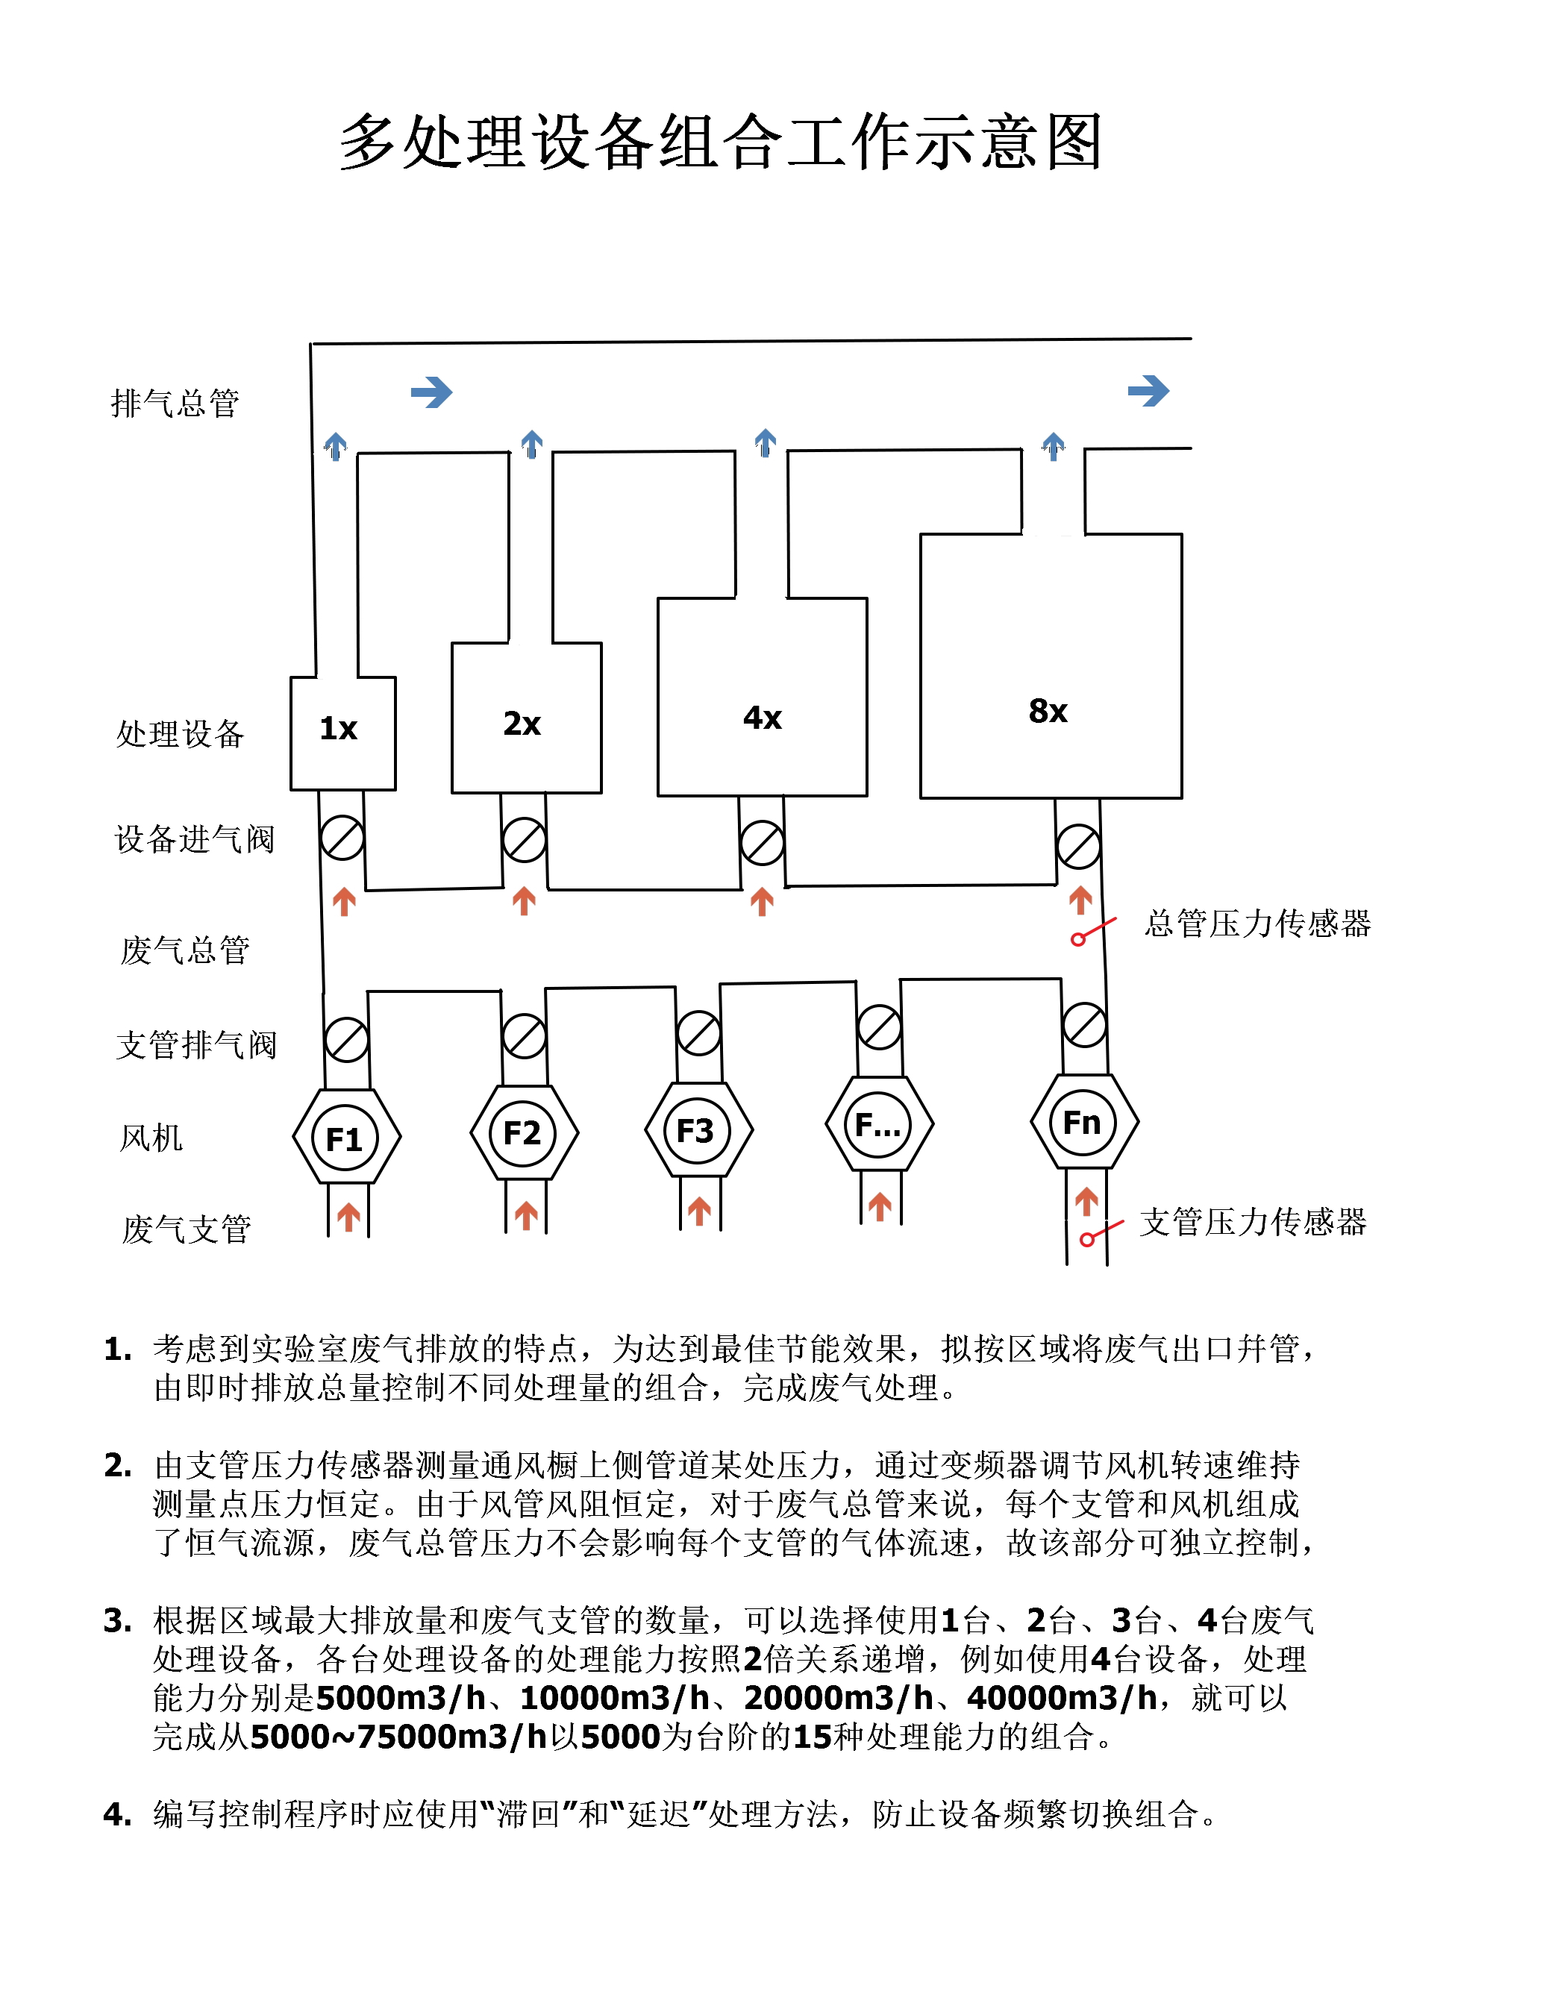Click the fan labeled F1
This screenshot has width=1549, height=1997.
345,1138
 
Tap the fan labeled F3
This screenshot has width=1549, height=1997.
697,1130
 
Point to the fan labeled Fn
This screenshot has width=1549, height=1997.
1083,1122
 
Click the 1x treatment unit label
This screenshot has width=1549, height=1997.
338,729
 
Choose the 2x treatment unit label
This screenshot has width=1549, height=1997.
522,724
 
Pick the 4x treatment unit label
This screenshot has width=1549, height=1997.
763,718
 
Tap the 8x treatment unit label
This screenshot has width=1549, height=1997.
1048,710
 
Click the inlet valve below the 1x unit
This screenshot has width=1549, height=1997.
342,838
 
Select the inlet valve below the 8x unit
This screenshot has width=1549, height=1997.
1078,847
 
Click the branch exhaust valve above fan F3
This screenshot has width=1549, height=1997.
698,1033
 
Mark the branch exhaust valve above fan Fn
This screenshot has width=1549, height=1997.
1084,1025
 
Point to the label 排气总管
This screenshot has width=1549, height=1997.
175,404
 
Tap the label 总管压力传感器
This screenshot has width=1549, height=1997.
1257,924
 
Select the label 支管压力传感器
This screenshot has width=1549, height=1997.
1253,1222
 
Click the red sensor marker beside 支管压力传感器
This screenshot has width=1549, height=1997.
1087,1239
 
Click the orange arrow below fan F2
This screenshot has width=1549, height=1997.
526,1215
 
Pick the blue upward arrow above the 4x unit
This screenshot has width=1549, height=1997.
766,442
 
